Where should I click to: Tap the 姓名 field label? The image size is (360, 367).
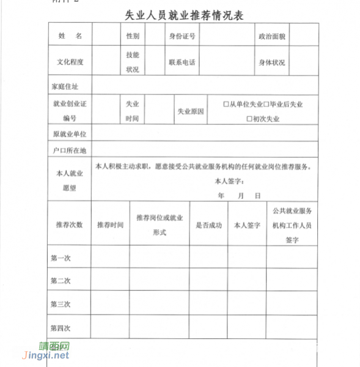(x=70, y=36)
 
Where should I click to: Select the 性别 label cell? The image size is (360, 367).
(x=133, y=36)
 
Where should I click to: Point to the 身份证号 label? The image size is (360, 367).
(x=182, y=36)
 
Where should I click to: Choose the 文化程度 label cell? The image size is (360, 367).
(x=70, y=62)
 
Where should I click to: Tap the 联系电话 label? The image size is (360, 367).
(x=182, y=62)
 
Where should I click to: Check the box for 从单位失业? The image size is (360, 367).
(x=226, y=105)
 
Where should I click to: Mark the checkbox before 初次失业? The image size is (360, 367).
(x=249, y=119)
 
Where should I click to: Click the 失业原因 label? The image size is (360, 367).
(x=191, y=112)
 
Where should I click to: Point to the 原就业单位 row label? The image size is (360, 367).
(x=69, y=133)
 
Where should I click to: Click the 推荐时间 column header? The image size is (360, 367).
(x=110, y=224)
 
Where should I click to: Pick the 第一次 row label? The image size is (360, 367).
(x=61, y=258)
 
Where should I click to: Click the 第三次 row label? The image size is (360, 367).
(x=61, y=303)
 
